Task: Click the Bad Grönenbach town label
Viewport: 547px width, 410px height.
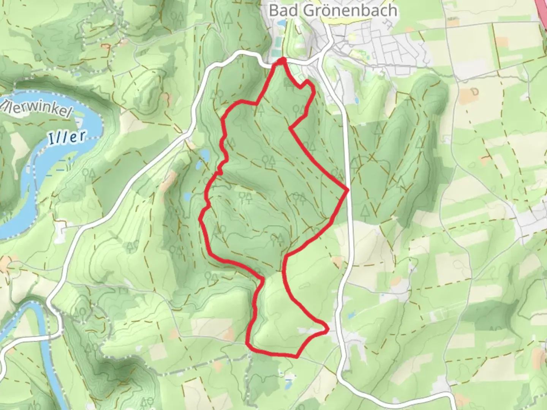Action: [333, 10]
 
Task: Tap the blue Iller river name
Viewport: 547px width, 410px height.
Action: [67, 137]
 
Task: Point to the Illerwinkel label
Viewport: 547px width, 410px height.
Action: [36, 108]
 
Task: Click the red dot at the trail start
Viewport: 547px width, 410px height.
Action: [282, 61]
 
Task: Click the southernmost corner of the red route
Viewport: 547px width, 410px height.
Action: [296, 356]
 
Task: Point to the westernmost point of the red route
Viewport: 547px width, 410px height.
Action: [201, 219]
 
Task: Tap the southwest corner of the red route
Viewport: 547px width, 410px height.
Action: [248, 344]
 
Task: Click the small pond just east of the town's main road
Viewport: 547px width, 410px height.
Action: [357, 100]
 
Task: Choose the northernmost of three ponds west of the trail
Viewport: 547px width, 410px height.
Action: [204, 154]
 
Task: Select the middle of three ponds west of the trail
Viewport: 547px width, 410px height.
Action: [198, 166]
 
